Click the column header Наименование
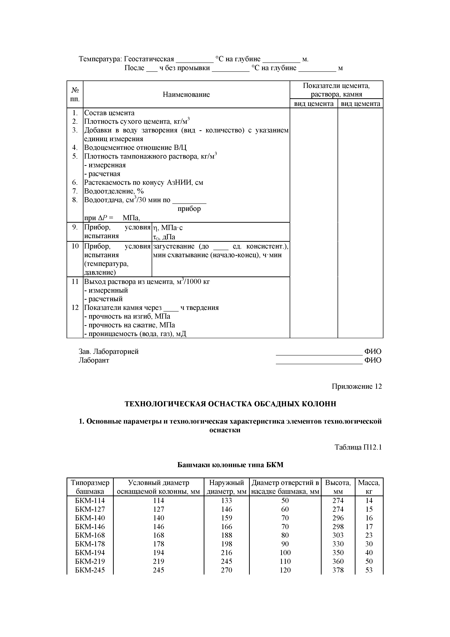click(186, 95)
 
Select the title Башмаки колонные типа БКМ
click(230, 465)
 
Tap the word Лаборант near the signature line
click(94, 360)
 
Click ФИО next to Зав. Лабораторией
click(373, 351)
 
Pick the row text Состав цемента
click(109, 113)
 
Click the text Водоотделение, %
click(114, 191)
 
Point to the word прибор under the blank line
click(189, 209)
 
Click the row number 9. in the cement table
click(75, 227)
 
